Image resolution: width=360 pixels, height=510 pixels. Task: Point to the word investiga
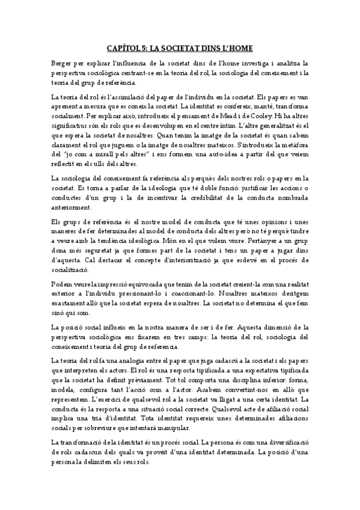coord(264,62)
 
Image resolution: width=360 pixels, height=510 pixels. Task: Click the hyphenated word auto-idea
coord(212,156)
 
